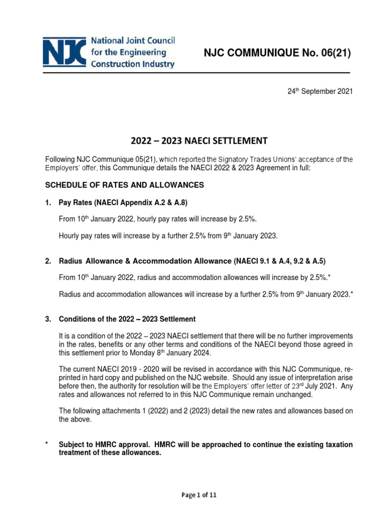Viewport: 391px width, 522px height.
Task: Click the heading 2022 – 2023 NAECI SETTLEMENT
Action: tap(195, 140)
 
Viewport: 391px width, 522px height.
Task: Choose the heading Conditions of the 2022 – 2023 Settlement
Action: tap(127, 320)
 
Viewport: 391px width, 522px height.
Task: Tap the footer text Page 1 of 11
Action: tap(195, 494)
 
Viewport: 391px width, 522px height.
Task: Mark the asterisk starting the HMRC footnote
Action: tap(47, 445)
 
